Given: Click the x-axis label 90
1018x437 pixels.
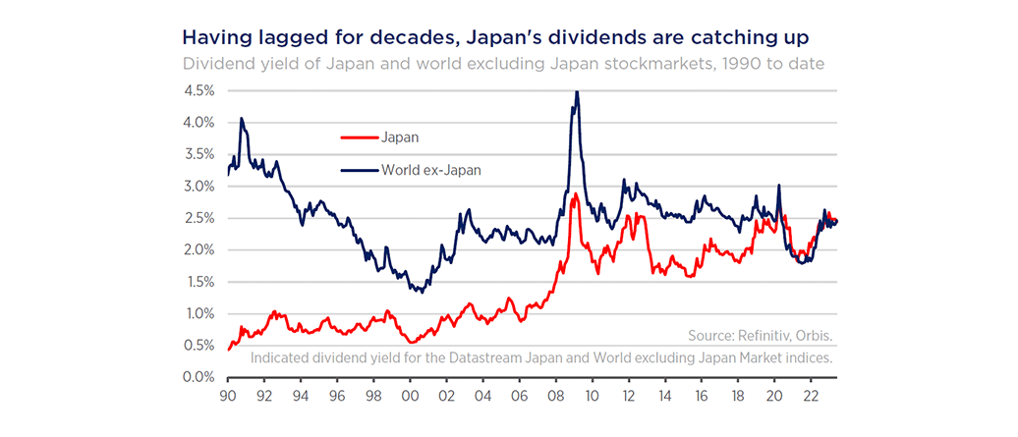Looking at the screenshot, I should (x=228, y=400).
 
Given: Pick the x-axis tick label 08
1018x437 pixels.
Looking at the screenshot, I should (x=555, y=400).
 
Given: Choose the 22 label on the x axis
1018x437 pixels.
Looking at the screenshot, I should (x=810, y=400).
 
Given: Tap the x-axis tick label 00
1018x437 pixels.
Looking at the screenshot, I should (x=410, y=400).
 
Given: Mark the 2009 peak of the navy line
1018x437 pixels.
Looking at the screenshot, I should (x=577, y=91).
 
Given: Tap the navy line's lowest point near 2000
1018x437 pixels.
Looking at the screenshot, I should (x=421, y=292).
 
